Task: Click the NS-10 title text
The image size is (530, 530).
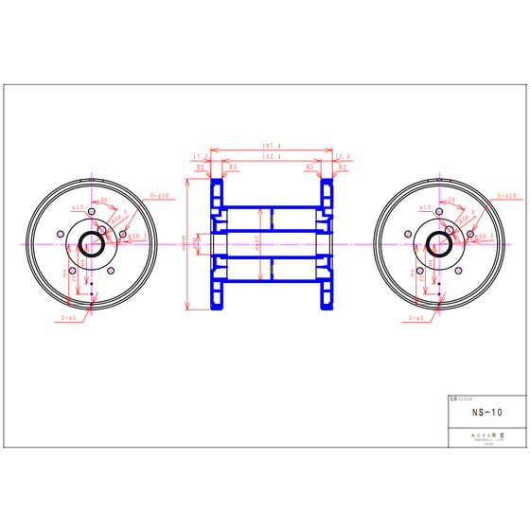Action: pyautogui.click(x=486, y=413)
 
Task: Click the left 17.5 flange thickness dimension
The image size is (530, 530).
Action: pyautogui.click(x=200, y=156)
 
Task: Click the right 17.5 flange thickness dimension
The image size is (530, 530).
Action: pyautogui.click(x=343, y=156)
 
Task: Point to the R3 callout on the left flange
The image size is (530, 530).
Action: pyautogui.click(x=232, y=167)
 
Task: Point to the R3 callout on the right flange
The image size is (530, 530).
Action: pyautogui.click(x=309, y=167)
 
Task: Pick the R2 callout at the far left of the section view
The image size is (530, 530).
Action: pyautogui.click(x=200, y=167)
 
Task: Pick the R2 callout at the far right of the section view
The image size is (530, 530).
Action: pyautogui.click(x=343, y=167)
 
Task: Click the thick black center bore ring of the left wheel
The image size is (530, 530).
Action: pyautogui.click(x=92, y=243)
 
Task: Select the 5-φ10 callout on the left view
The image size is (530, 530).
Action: pyautogui.click(x=159, y=195)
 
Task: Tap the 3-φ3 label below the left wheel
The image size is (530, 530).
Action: pyautogui.click(x=67, y=320)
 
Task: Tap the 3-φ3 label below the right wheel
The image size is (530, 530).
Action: pyautogui.click(x=415, y=320)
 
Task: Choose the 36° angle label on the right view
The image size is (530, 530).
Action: pyautogui.click(x=452, y=200)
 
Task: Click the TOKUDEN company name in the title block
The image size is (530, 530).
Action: pyautogui.click(x=486, y=436)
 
